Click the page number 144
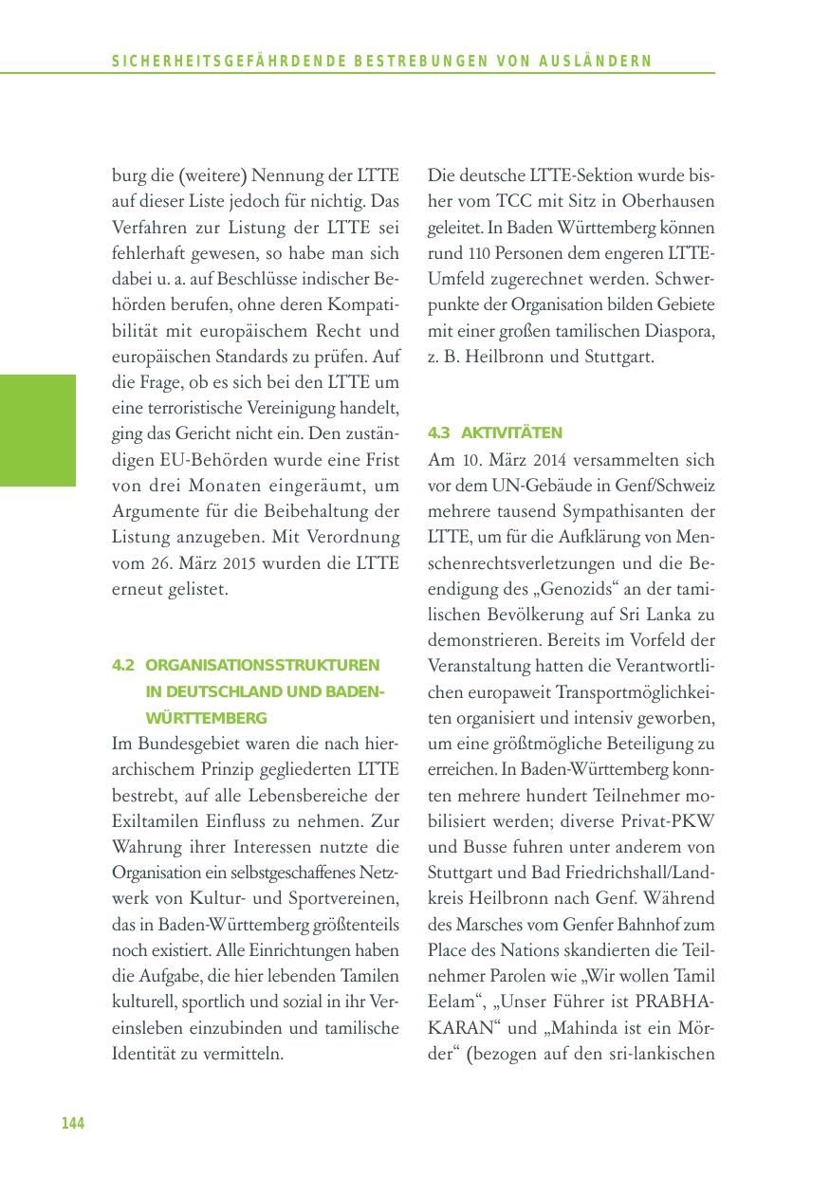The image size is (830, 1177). pos(73,1123)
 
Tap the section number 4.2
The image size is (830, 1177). pos(123,666)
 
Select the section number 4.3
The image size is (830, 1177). pos(438,432)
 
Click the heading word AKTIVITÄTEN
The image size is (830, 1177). pos(511,432)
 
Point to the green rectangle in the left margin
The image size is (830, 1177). pos(38,430)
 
